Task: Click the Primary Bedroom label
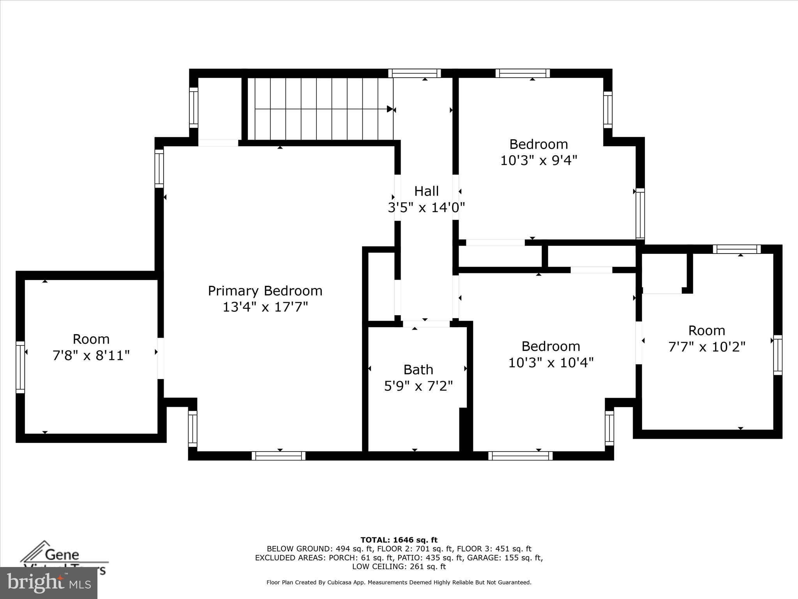(265, 291)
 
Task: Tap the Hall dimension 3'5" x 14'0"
(426, 207)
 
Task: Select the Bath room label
(418, 370)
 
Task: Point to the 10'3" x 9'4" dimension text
(538, 160)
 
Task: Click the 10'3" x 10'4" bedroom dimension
(551, 363)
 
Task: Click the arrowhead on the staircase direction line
(390, 109)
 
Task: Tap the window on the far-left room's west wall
(20, 367)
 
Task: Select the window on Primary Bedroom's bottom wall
(278, 455)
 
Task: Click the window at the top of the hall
(414, 73)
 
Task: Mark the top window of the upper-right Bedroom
(523, 73)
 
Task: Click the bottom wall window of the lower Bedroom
(520, 455)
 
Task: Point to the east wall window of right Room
(777, 354)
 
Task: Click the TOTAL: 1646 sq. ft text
(399, 540)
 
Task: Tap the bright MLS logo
(49, 583)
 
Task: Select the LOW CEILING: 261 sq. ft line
(399, 567)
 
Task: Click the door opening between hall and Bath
(426, 324)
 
